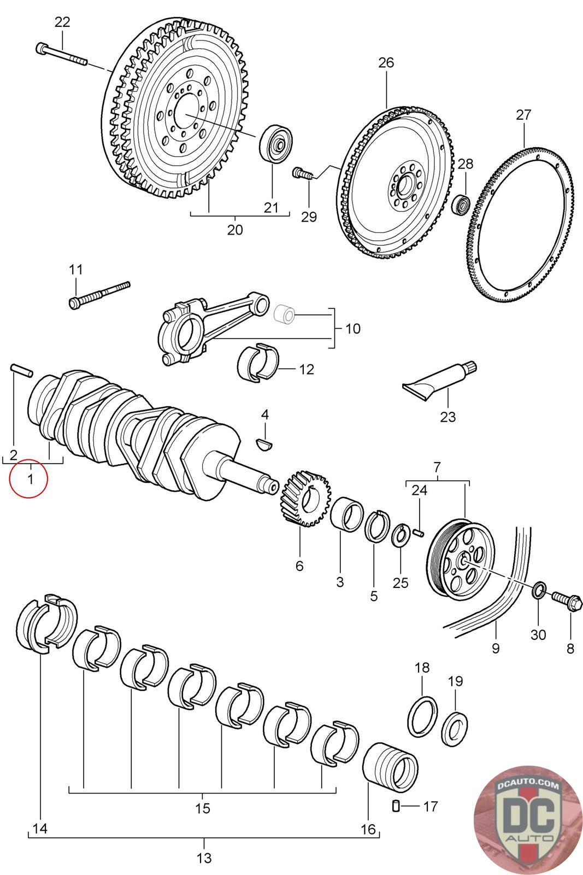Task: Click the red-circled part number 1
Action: (31, 479)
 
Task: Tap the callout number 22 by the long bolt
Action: (62, 22)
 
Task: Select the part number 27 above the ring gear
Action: (523, 115)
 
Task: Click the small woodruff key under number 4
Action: (264, 444)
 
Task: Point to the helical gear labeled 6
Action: (305, 498)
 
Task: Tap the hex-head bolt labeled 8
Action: (567, 599)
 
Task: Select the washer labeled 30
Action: (539, 590)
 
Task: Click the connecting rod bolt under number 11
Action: (99, 295)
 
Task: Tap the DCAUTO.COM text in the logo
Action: (528, 785)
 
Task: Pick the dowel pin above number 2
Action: (21, 370)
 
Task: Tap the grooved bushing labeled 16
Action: (390, 768)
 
